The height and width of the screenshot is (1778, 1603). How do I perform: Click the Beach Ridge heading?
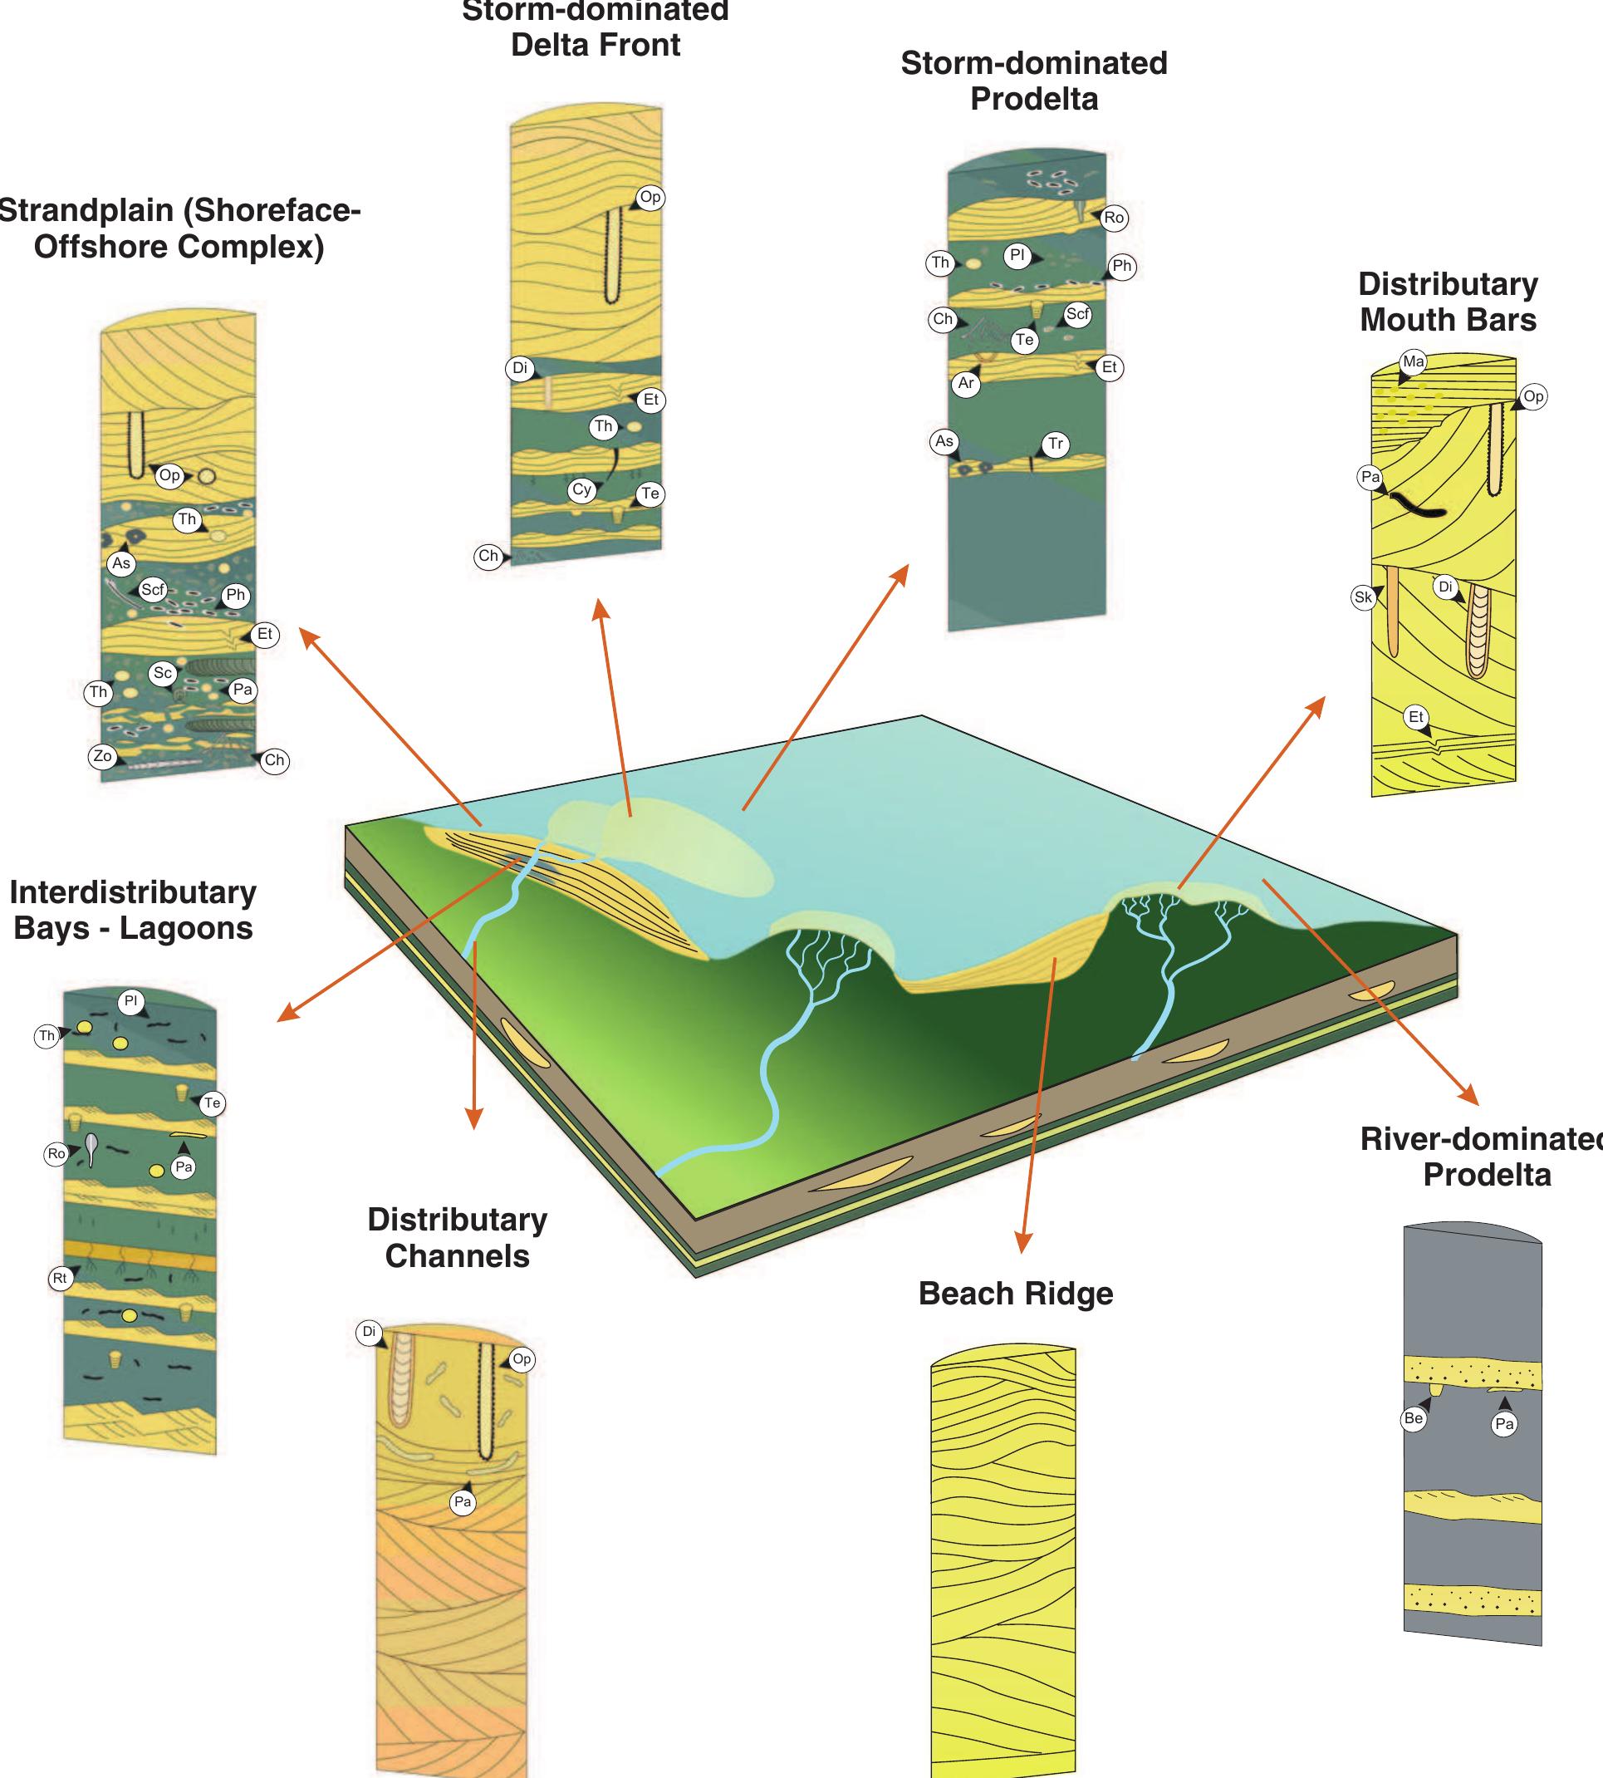tap(1016, 1294)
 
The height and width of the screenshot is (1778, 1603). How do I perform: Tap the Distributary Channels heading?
tap(457, 1237)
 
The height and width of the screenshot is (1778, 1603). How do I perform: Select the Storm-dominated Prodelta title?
tap(1034, 81)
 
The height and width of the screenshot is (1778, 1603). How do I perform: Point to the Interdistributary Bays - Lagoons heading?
tap(133, 910)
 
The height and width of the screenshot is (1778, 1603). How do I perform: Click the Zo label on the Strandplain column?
tap(103, 756)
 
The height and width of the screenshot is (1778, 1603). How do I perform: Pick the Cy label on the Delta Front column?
tap(582, 490)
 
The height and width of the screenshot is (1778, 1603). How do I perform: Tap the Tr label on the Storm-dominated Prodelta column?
tap(1055, 444)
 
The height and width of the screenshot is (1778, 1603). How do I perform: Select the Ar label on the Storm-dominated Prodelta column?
tap(966, 383)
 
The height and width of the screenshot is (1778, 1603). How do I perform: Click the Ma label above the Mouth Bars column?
tap(1414, 361)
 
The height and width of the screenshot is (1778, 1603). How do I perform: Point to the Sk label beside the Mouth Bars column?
tap(1364, 597)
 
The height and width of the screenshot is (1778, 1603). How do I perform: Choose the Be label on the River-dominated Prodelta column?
tap(1414, 1418)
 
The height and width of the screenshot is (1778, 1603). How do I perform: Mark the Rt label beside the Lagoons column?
tap(60, 1279)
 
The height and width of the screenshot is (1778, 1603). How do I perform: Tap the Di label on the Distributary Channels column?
tap(369, 1331)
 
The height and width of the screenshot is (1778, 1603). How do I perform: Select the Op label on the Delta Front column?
tap(650, 198)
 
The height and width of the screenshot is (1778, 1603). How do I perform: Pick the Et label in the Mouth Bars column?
tap(1416, 717)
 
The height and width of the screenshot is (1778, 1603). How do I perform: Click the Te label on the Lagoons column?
tap(213, 1103)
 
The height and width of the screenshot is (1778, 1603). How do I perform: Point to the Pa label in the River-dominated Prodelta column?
tap(1504, 1424)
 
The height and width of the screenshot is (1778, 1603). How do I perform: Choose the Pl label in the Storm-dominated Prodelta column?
tap(1017, 257)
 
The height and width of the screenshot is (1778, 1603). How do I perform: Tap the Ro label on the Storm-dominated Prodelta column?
tap(1114, 218)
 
